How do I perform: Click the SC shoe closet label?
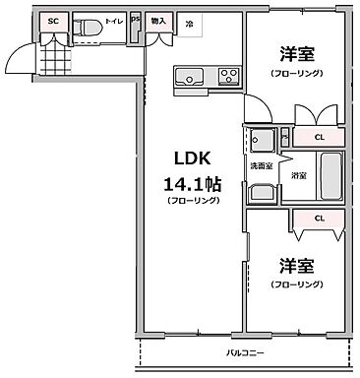coord(53,21)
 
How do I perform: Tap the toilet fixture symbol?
coord(88,28)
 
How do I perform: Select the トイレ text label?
coord(115,21)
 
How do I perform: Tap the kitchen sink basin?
coord(188,77)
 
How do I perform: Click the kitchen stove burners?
coord(228,76)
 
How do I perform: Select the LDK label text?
coord(194,159)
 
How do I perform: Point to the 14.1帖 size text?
coord(193,182)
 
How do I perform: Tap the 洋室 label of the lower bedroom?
coord(295,266)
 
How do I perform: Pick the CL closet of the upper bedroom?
coord(319,137)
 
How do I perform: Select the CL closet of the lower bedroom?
coord(319,219)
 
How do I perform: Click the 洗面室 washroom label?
coord(261,165)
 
